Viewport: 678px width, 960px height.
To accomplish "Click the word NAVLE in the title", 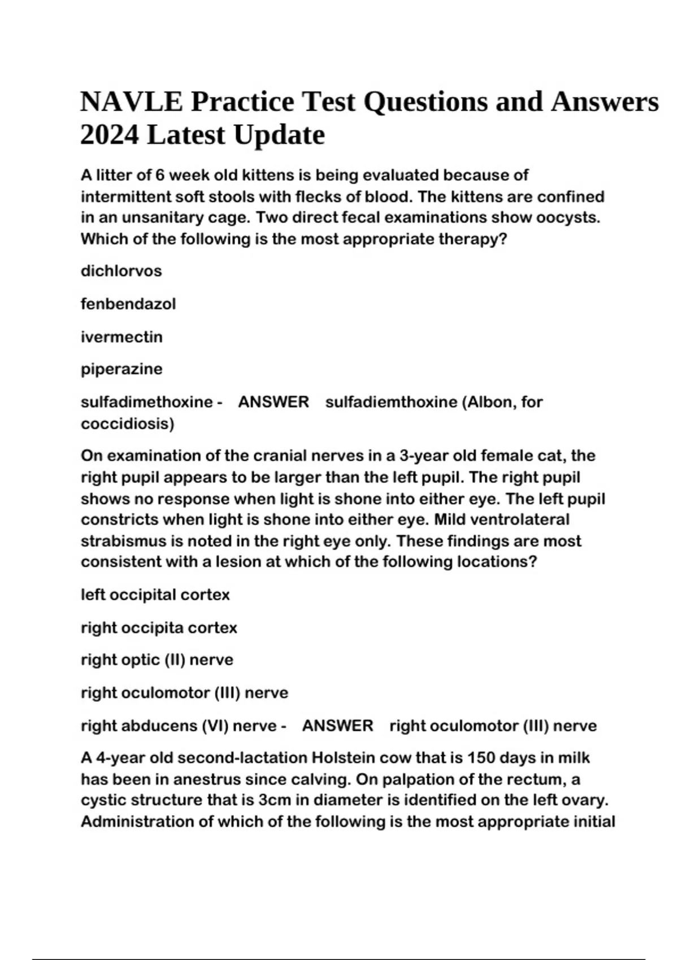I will [131, 102].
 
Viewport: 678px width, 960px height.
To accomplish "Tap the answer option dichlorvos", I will [121, 271].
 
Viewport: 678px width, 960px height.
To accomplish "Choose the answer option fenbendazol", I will [128, 304].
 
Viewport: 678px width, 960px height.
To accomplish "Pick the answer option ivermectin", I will [121, 337].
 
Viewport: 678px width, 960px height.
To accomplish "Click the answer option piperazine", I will [121, 369].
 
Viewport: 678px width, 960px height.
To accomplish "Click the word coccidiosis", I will [125, 424].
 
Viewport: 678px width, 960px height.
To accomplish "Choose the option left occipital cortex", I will [155, 595].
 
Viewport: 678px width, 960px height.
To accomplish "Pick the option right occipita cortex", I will [159, 627].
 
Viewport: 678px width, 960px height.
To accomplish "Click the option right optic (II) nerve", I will [157, 660].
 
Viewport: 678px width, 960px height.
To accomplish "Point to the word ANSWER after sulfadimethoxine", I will [273, 402].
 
